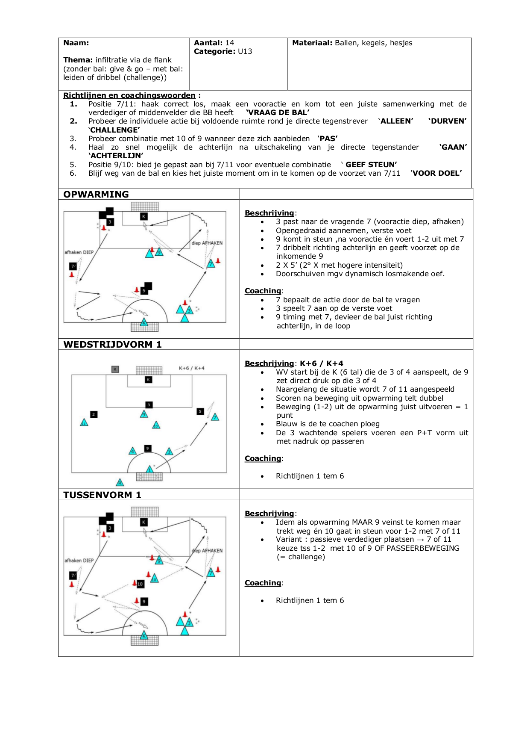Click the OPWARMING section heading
point(96,195)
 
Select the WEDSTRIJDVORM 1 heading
point(112,345)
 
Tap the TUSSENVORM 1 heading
point(102,495)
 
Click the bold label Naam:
point(76,43)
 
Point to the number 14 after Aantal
point(230,43)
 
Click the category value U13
point(245,51)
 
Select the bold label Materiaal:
point(312,43)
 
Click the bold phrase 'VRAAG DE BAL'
point(278,112)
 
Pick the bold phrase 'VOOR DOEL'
point(436,173)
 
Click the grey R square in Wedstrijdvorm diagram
point(115,369)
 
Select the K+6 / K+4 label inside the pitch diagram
point(191,368)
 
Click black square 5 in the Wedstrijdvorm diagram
point(200,411)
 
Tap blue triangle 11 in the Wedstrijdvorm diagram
point(84,423)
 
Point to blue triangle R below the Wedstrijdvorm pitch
point(120,482)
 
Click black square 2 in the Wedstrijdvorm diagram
point(94,414)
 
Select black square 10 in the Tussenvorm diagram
point(140,584)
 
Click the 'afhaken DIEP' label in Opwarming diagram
point(79,252)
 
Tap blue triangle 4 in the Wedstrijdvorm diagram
point(133,451)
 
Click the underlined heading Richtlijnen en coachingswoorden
point(129,95)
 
